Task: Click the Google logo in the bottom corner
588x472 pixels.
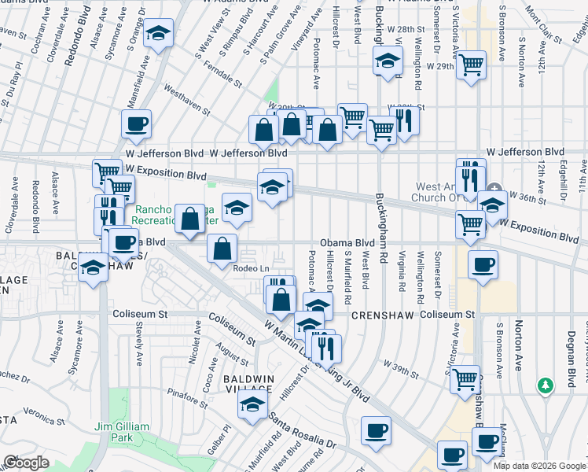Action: click(25, 463)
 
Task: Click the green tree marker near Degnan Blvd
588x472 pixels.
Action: click(544, 385)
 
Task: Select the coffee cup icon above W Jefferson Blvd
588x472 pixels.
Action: click(136, 124)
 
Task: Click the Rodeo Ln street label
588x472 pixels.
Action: click(252, 269)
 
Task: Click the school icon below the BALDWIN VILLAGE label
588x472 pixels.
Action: click(251, 404)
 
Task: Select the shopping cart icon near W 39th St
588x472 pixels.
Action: click(465, 379)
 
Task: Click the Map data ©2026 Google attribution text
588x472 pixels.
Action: click(539, 465)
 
